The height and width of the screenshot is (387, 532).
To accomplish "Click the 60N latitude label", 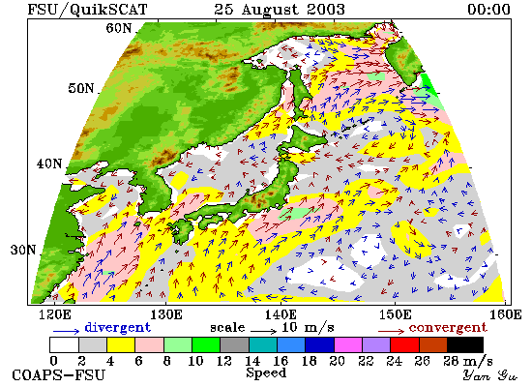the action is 118,28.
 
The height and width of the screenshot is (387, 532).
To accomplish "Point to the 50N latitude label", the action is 80,88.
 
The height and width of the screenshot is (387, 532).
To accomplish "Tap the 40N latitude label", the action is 49,164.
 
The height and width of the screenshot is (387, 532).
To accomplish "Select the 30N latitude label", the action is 23,250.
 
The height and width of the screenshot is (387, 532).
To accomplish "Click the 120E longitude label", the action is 55,314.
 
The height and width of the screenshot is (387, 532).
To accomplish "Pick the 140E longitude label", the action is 281,314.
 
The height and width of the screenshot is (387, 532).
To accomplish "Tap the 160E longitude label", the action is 506,314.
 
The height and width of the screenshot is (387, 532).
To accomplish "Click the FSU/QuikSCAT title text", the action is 87,9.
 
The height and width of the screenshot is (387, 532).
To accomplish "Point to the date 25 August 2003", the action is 280,9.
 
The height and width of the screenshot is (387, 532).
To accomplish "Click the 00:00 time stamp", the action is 488,9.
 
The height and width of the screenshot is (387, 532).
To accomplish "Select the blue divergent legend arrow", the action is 66,331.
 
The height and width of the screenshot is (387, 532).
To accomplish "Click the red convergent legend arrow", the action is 391,331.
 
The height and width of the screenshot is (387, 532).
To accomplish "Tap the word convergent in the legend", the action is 448,328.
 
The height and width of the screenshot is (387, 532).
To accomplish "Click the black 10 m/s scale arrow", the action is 264,331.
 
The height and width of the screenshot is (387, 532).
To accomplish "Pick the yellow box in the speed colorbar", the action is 121,344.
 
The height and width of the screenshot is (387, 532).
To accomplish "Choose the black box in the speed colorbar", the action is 465,344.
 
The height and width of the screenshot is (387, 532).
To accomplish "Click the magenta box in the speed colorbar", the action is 348,344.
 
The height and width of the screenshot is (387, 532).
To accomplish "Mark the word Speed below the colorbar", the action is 266,372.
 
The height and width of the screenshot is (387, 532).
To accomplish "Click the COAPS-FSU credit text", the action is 59,375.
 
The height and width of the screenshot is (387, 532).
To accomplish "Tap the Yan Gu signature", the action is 488,375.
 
